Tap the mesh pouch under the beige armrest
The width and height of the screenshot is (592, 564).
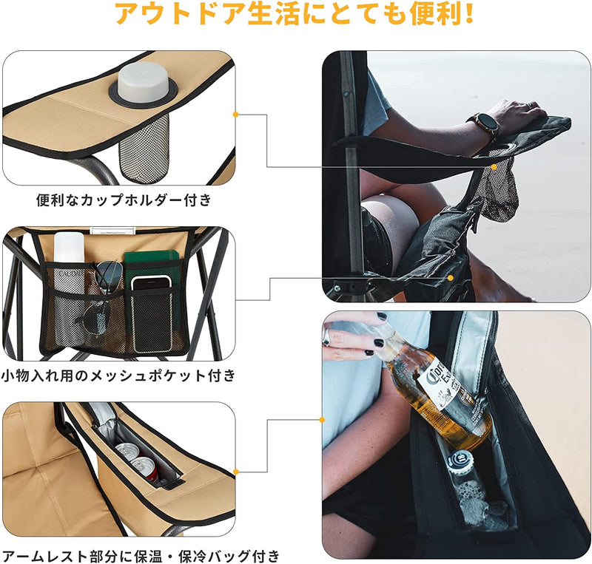click(x=144, y=151)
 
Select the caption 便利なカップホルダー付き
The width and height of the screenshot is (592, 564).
click(x=124, y=200)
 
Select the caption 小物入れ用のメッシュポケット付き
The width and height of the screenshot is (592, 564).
click(x=118, y=376)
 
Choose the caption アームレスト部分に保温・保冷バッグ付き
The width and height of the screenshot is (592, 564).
click(x=141, y=554)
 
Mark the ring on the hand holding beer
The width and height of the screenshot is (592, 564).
click(x=326, y=336)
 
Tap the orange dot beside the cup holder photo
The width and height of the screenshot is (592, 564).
click(x=236, y=115)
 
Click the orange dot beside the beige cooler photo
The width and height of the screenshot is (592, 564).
click(x=236, y=471)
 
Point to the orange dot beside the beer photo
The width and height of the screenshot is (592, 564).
click(x=322, y=420)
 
